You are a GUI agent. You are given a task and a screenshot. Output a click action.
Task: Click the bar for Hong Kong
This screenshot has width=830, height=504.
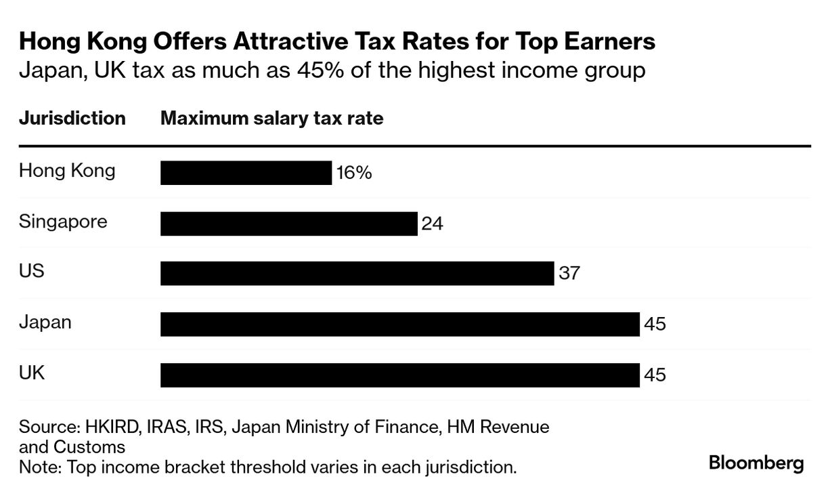246,173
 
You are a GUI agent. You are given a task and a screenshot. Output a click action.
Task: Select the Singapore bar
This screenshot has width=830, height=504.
288,224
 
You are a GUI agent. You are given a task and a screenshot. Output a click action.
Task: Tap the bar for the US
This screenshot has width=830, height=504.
357,274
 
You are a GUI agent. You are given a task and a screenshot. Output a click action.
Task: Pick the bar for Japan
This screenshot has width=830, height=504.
399,324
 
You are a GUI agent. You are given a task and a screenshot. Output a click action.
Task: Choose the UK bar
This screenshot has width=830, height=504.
399,375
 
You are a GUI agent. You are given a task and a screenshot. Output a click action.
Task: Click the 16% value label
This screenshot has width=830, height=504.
354,173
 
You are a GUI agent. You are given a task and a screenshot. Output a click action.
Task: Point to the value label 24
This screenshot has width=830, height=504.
432,224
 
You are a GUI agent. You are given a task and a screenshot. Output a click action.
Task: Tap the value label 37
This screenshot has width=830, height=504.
569,274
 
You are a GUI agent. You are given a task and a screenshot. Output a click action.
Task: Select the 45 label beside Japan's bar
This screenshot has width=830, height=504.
655,324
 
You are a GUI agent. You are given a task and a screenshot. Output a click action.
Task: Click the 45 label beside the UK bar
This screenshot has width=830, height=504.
655,375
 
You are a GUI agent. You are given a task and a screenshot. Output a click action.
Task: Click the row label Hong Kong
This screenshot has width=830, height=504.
67,171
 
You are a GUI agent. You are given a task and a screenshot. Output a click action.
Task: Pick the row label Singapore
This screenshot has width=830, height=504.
63,222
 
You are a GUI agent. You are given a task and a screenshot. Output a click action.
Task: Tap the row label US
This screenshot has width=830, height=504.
32,271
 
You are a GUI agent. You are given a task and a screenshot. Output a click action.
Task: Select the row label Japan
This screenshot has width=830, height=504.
45,322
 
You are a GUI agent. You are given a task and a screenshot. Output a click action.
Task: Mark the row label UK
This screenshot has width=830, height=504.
32,372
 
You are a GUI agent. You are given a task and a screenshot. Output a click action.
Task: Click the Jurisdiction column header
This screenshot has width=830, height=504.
72,119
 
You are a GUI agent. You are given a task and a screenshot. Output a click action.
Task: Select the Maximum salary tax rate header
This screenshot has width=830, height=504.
271,119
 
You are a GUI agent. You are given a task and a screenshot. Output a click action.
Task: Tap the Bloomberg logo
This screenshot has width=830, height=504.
756,463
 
